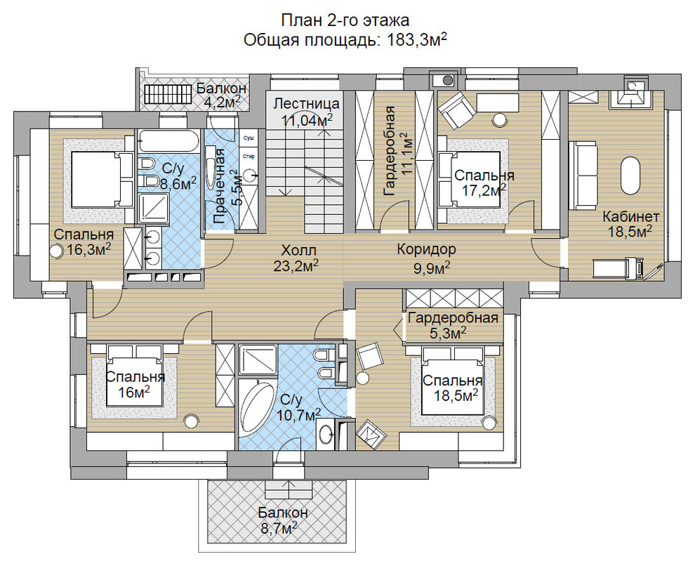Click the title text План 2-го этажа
click(345, 20)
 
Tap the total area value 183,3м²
click(416, 40)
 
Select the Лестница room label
click(306, 104)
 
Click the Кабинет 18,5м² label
click(630, 224)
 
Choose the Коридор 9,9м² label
click(426, 258)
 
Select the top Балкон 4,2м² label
click(222, 95)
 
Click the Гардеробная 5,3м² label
click(453, 325)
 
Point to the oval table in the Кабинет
click(630, 175)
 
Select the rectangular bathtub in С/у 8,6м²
click(169, 141)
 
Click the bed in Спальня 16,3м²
click(102, 179)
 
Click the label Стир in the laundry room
click(249, 157)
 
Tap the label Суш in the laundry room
click(249, 138)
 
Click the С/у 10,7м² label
click(299, 408)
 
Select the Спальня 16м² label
click(135, 385)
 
